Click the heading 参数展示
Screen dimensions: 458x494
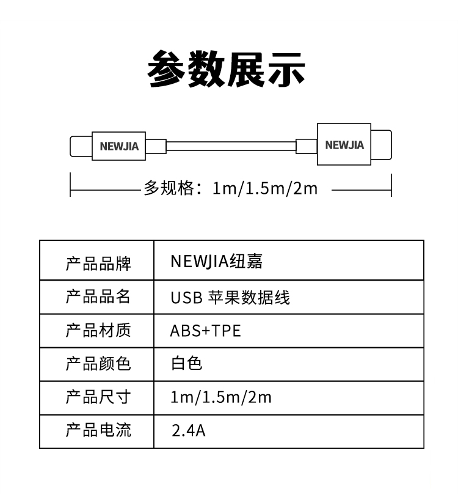[227, 68]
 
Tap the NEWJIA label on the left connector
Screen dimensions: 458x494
[119, 146]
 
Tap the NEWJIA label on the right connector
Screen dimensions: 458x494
[344, 145]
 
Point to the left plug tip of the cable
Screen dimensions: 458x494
[81, 146]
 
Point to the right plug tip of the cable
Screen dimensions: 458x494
[381, 145]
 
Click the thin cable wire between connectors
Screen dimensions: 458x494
[231, 146]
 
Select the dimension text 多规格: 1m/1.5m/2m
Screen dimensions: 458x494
[231, 188]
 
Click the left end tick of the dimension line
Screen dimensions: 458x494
[70, 185]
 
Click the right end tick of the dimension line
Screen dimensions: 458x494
[391, 185]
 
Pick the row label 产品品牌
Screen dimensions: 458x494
[98, 264]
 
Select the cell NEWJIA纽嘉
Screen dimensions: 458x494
[216, 262]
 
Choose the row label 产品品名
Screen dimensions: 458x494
[98, 297]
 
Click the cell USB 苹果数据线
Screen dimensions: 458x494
[230, 297]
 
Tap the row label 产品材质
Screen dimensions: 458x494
[98, 331]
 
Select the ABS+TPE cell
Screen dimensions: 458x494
[206, 331]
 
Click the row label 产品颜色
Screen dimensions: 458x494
[98, 364]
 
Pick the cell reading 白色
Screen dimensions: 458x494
[186, 363]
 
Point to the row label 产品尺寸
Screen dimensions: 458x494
[98, 397]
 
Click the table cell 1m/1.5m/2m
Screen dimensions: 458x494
[220, 397]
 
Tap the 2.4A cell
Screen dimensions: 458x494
[188, 430]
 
